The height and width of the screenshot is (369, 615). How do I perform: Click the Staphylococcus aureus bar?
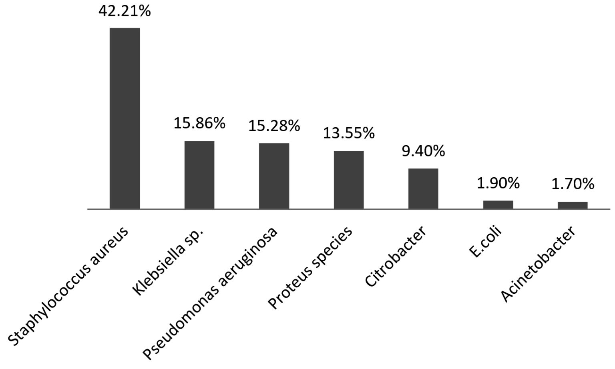pyautogui.click(x=125, y=118)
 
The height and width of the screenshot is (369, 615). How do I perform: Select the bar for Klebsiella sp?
pyautogui.click(x=199, y=175)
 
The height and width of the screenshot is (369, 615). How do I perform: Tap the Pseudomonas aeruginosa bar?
pyautogui.click(x=274, y=176)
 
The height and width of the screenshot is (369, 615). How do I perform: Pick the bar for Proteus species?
pyautogui.click(x=349, y=180)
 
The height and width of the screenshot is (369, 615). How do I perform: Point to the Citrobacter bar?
pyautogui.click(x=423, y=189)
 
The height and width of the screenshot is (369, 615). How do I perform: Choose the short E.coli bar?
pyautogui.click(x=498, y=205)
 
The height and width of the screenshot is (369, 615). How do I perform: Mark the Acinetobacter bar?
pyautogui.click(x=573, y=205)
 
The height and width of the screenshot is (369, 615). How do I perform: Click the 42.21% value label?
pyautogui.click(x=125, y=11)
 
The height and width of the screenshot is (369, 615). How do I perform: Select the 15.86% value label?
pyautogui.click(x=199, y=123)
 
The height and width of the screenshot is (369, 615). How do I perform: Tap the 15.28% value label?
pyautogui.click(x=274, y=126)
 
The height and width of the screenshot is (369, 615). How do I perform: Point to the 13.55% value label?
pyautogui.click(x=349, y=133)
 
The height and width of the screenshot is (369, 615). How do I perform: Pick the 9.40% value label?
pyautogui.click(x=423, y=151)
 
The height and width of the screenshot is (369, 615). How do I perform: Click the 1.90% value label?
pyautogui.click(x=498, y=183)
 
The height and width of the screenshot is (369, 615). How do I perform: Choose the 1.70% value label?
pyautogui.click(x=573, y=184)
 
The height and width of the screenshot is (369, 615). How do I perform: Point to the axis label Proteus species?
pyautogui.click(x=310, y=268)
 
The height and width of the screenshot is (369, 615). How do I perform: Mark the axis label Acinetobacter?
pyautogui.click(x=539, y=265)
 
